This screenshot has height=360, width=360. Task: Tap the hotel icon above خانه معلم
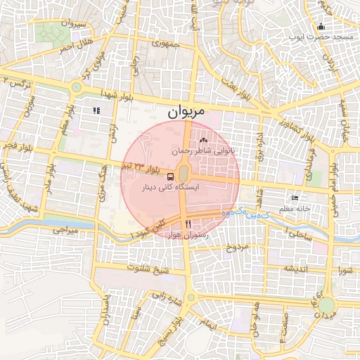point(304,198)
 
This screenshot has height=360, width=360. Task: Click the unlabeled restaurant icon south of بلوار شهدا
point(96,110)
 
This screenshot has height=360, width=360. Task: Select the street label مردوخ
point(238,247)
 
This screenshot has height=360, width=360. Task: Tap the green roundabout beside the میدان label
point(326,304)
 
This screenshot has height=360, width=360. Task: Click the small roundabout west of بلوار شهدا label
point(76,88)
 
